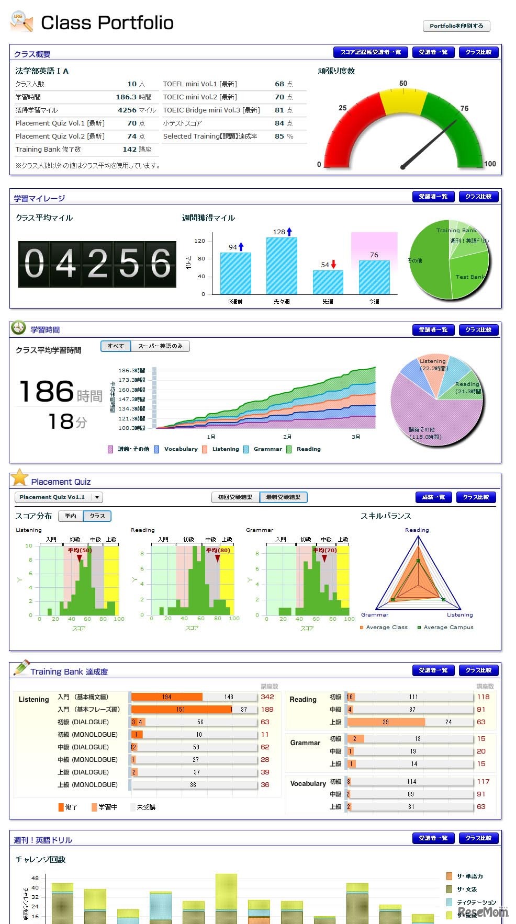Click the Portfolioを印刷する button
(x=456, y=26)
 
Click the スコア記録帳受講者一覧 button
(x=371, y=52)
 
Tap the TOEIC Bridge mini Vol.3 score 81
(x=279, y=110)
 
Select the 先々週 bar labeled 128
(x=282, y=266)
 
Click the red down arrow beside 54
(x=333, y=265)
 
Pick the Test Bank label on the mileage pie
(x=470, y=277)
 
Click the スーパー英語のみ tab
(x=160, y=346)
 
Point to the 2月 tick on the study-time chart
(x=287, y=437)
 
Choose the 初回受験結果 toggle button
(x=235, y=497)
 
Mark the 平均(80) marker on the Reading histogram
(x=218, y=557)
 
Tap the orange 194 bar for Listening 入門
(x=166, y=697)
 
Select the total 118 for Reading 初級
(x=483, y=697)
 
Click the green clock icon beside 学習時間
(x=18, y=328)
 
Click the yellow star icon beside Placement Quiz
(x=19, y=477)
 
